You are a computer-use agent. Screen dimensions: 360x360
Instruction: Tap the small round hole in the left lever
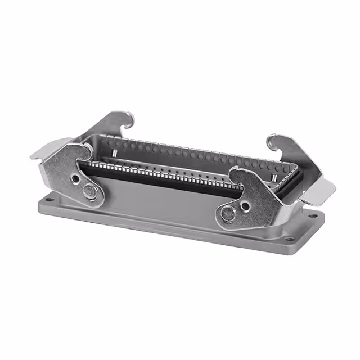click(76, 178)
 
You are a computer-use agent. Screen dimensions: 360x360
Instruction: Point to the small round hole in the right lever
click(245, 206)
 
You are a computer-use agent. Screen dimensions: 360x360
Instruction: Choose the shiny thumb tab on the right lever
click(319, 191)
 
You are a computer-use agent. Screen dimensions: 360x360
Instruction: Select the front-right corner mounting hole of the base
click(290, 239)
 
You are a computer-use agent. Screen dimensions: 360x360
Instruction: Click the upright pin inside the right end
click(272, 178)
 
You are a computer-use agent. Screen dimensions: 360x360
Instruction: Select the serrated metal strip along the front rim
click(169, 169)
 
